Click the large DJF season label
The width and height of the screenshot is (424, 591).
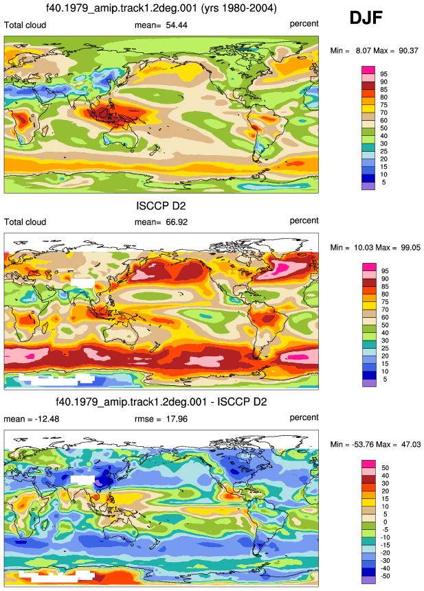[366, 18]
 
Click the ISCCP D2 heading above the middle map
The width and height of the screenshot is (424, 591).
[161, 206]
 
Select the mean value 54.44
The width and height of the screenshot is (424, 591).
[177, 25]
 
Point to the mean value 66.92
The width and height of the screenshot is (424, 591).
[177, 222]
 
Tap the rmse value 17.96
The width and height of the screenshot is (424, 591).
[177, 419]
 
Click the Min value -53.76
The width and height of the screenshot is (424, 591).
[361, 444]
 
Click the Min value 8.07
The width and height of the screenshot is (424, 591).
[363, 51]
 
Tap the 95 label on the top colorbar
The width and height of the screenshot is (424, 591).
[383, 74]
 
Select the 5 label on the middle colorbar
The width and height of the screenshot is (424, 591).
[385, 379]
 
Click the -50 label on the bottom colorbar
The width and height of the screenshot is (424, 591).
[384, 576]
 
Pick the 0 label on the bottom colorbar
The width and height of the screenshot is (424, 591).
[385, 522]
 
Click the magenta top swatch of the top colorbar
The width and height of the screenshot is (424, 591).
[368, 70]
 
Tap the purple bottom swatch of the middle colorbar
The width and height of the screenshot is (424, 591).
[369, 383]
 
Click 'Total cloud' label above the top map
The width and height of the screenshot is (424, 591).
[25, 25]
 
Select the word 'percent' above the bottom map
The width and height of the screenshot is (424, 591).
[304, 417]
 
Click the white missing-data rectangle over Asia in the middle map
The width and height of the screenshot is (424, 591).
[82, 282]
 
